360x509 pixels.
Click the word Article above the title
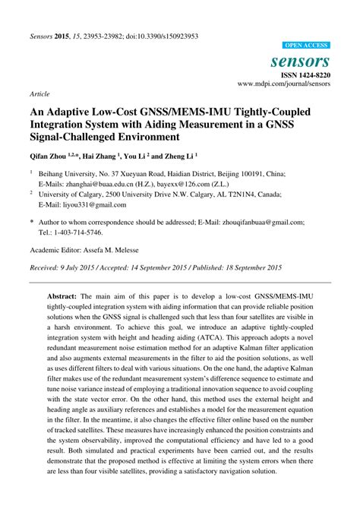pyautogui.click(x=39, y=94)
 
